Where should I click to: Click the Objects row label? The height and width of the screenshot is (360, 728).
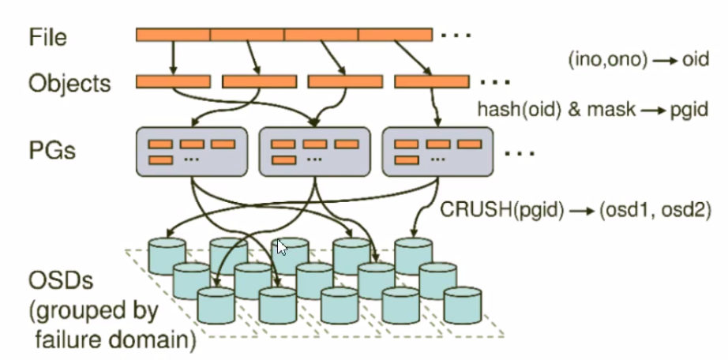click(x=69, y=83)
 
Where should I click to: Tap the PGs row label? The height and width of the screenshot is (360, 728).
click(x=51, y=149)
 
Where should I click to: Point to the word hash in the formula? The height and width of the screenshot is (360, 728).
click(x=496, y=109)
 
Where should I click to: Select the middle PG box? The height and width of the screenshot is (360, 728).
click(x=314, y=152)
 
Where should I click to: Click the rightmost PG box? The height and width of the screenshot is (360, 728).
click(x=437, y=152)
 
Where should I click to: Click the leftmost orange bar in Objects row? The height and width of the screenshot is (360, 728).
click(x=173, y=81)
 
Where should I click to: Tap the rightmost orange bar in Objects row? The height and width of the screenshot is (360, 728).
click(x=432, y=81)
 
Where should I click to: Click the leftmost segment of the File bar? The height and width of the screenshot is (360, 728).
click(x=173, y=35)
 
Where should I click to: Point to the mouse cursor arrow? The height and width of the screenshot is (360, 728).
click(x=280, y=248)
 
